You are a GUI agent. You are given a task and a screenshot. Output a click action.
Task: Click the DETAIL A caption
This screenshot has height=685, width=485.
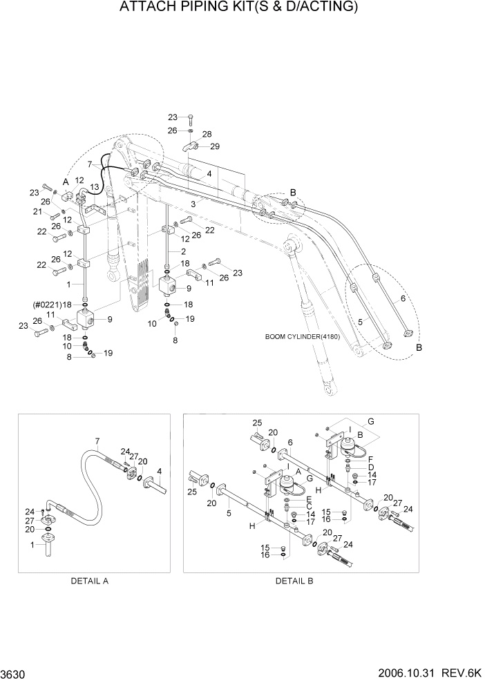(90, 581)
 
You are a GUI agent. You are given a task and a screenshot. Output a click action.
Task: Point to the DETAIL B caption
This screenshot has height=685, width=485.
(294, 581)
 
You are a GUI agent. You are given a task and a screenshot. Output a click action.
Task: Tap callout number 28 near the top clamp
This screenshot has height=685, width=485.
(207, 134)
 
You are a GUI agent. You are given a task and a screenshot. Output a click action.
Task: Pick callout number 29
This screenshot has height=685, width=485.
(214, 146)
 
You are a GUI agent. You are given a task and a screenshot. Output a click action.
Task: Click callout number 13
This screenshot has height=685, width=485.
(94, 187)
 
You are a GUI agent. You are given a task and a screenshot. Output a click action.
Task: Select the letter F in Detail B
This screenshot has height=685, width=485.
(370, 459)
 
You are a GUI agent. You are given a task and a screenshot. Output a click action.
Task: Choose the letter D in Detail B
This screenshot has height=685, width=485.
(370, 467)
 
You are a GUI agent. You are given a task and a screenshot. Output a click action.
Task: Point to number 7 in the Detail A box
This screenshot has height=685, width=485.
(97, 441)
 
